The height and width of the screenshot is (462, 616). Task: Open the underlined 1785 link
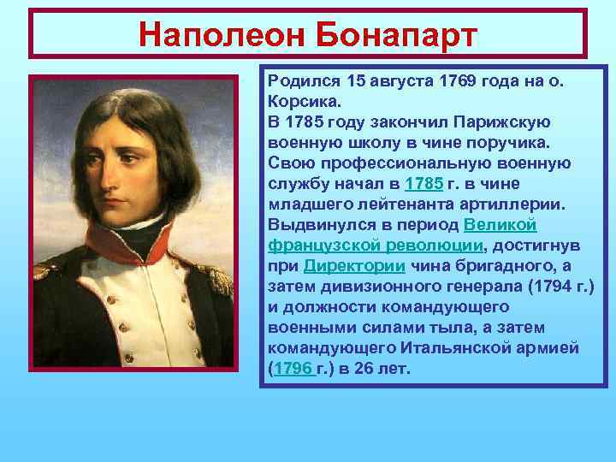pyautogui.click(x=423, y=184)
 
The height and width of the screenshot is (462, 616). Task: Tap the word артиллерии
pyautogui.click(x=496, y=204)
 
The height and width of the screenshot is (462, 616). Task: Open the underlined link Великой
pyautogui.click(x=500, y=225)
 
